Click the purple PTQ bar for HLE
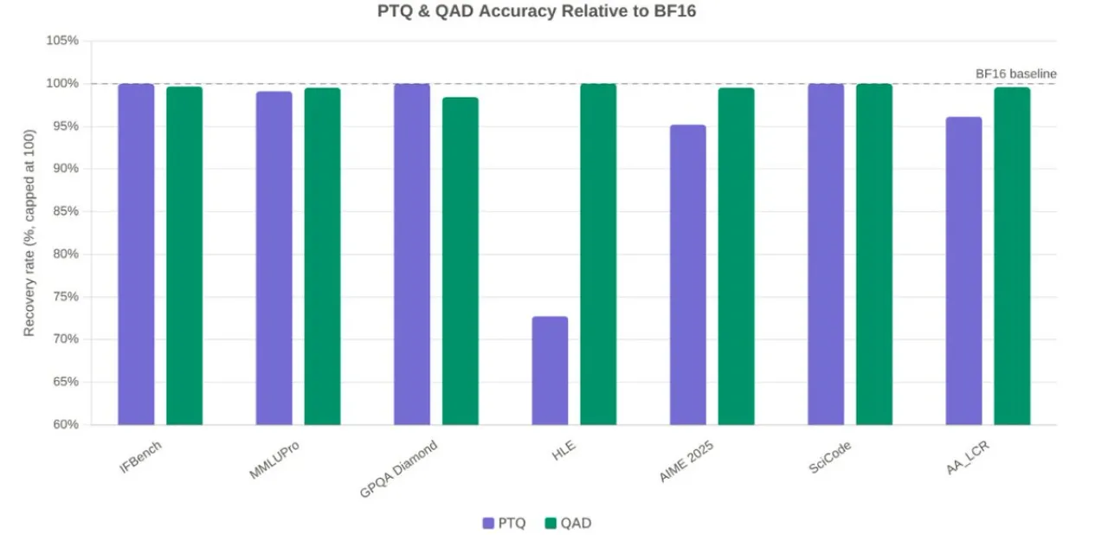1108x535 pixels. (x=550, y=371)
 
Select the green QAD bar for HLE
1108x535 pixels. (x=598, y=255)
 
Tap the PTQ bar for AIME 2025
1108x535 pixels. (x=688, y=274)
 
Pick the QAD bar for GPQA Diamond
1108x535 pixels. (x=460, y=261)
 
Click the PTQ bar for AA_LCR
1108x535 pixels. (x=963, y=271)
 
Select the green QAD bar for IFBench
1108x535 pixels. (x=184, y=255)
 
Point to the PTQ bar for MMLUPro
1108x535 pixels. (x=274, y=258)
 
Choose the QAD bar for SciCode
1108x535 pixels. (x=873, y=255)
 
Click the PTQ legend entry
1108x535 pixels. (x=504, y=523)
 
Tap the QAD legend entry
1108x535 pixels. (x=568, y=523)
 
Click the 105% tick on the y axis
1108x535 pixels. (x=62, y=41)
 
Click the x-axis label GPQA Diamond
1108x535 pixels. (x=399, y=469)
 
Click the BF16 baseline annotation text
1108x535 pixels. (x=1015, y=74)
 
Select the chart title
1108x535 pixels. (x=537, y=12)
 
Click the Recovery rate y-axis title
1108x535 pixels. (x=29, y=232)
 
